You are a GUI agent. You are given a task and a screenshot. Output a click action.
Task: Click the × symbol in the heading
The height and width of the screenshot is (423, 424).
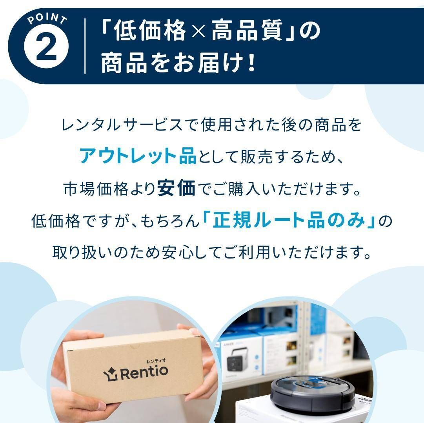[x=199, y=32]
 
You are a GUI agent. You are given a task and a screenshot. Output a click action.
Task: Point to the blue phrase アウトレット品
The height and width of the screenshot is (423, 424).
[x=138, y=156]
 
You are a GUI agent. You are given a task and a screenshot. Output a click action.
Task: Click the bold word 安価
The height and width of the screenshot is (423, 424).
[x=176, y=189]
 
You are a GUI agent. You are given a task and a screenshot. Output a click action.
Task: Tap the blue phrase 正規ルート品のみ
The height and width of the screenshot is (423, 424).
[x=289, y=221]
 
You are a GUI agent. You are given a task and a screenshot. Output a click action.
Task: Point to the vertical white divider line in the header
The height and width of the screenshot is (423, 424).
[x=85, y=46]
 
